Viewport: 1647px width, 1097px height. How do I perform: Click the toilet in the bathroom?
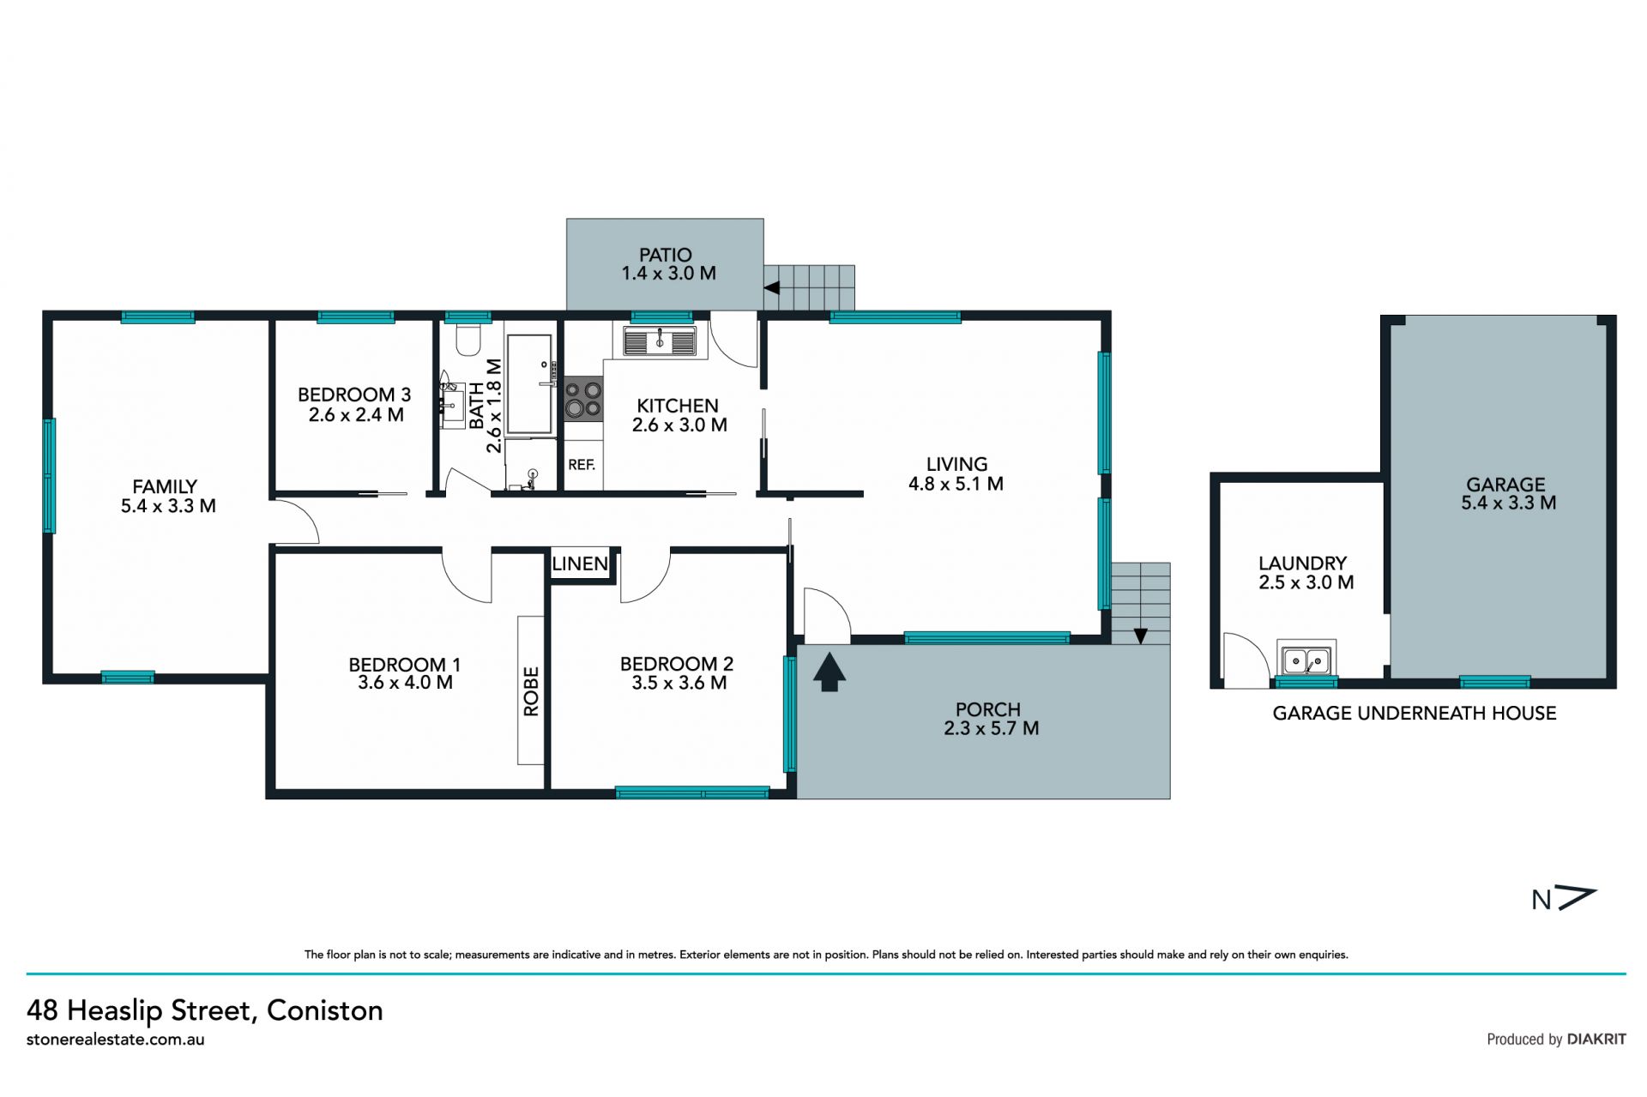(468, 340)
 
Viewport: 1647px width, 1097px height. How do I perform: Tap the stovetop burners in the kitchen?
(583, 399)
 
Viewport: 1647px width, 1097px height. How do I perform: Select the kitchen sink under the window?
(660, 341)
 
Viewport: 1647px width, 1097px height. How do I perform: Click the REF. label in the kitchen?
(582, 465)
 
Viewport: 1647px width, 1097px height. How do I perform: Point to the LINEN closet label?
(581, 564)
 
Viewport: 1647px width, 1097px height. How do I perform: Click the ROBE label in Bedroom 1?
(531, 691)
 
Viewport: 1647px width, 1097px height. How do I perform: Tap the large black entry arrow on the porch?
(829, 672)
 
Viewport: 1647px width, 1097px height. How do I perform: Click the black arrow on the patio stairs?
(771, 287)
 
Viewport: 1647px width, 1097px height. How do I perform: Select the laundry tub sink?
(1306, 660)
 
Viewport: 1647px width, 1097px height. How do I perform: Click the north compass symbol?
(1564, 899)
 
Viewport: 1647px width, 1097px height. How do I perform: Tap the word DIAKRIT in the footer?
(1596, 1039)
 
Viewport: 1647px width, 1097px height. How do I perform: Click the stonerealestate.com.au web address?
(116, 1040)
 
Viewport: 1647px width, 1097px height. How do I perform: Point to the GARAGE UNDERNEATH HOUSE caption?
(1414, 714)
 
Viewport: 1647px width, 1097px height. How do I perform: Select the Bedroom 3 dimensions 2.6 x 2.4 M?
(356, 415)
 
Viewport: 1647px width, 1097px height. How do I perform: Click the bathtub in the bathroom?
(529, 383)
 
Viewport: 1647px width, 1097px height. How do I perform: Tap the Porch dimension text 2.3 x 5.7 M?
(991, 728)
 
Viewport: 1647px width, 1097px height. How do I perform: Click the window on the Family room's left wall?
(50, 475)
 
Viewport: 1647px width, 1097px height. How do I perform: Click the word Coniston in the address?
(324, 1010)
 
